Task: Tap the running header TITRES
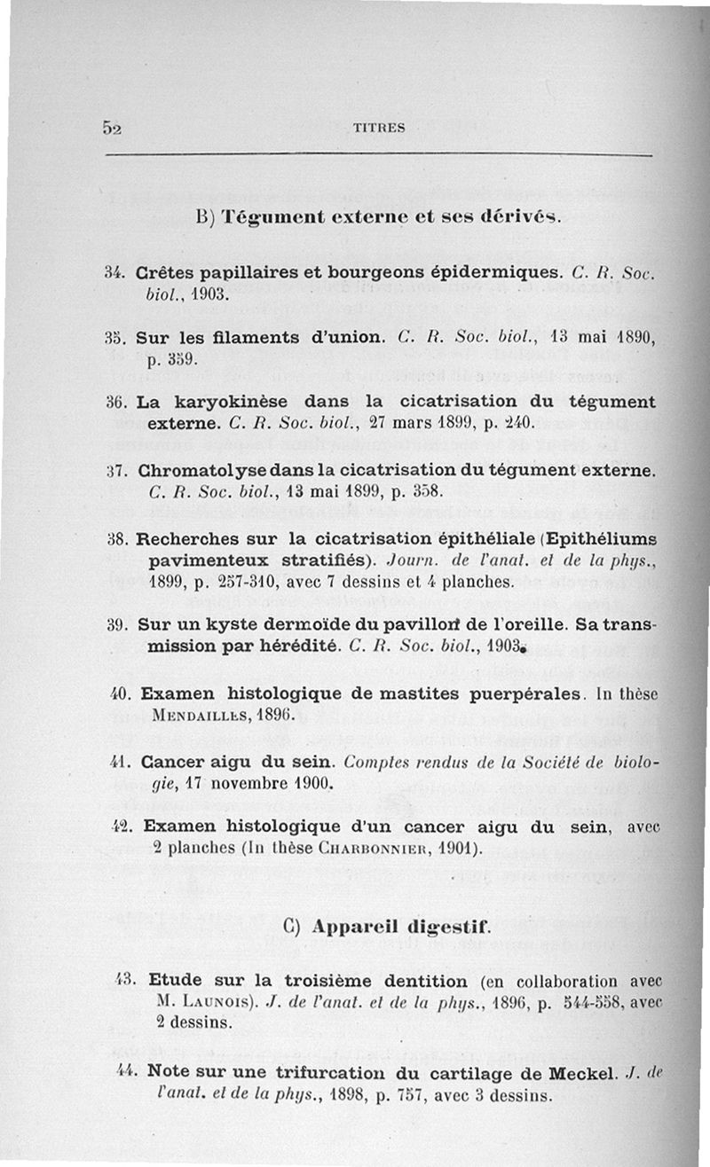(379, 128)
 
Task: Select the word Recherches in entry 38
(185, 538)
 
